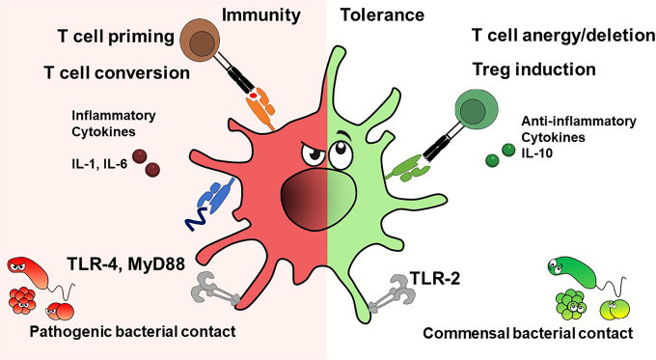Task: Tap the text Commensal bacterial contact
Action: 528,333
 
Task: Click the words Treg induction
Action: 533,70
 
